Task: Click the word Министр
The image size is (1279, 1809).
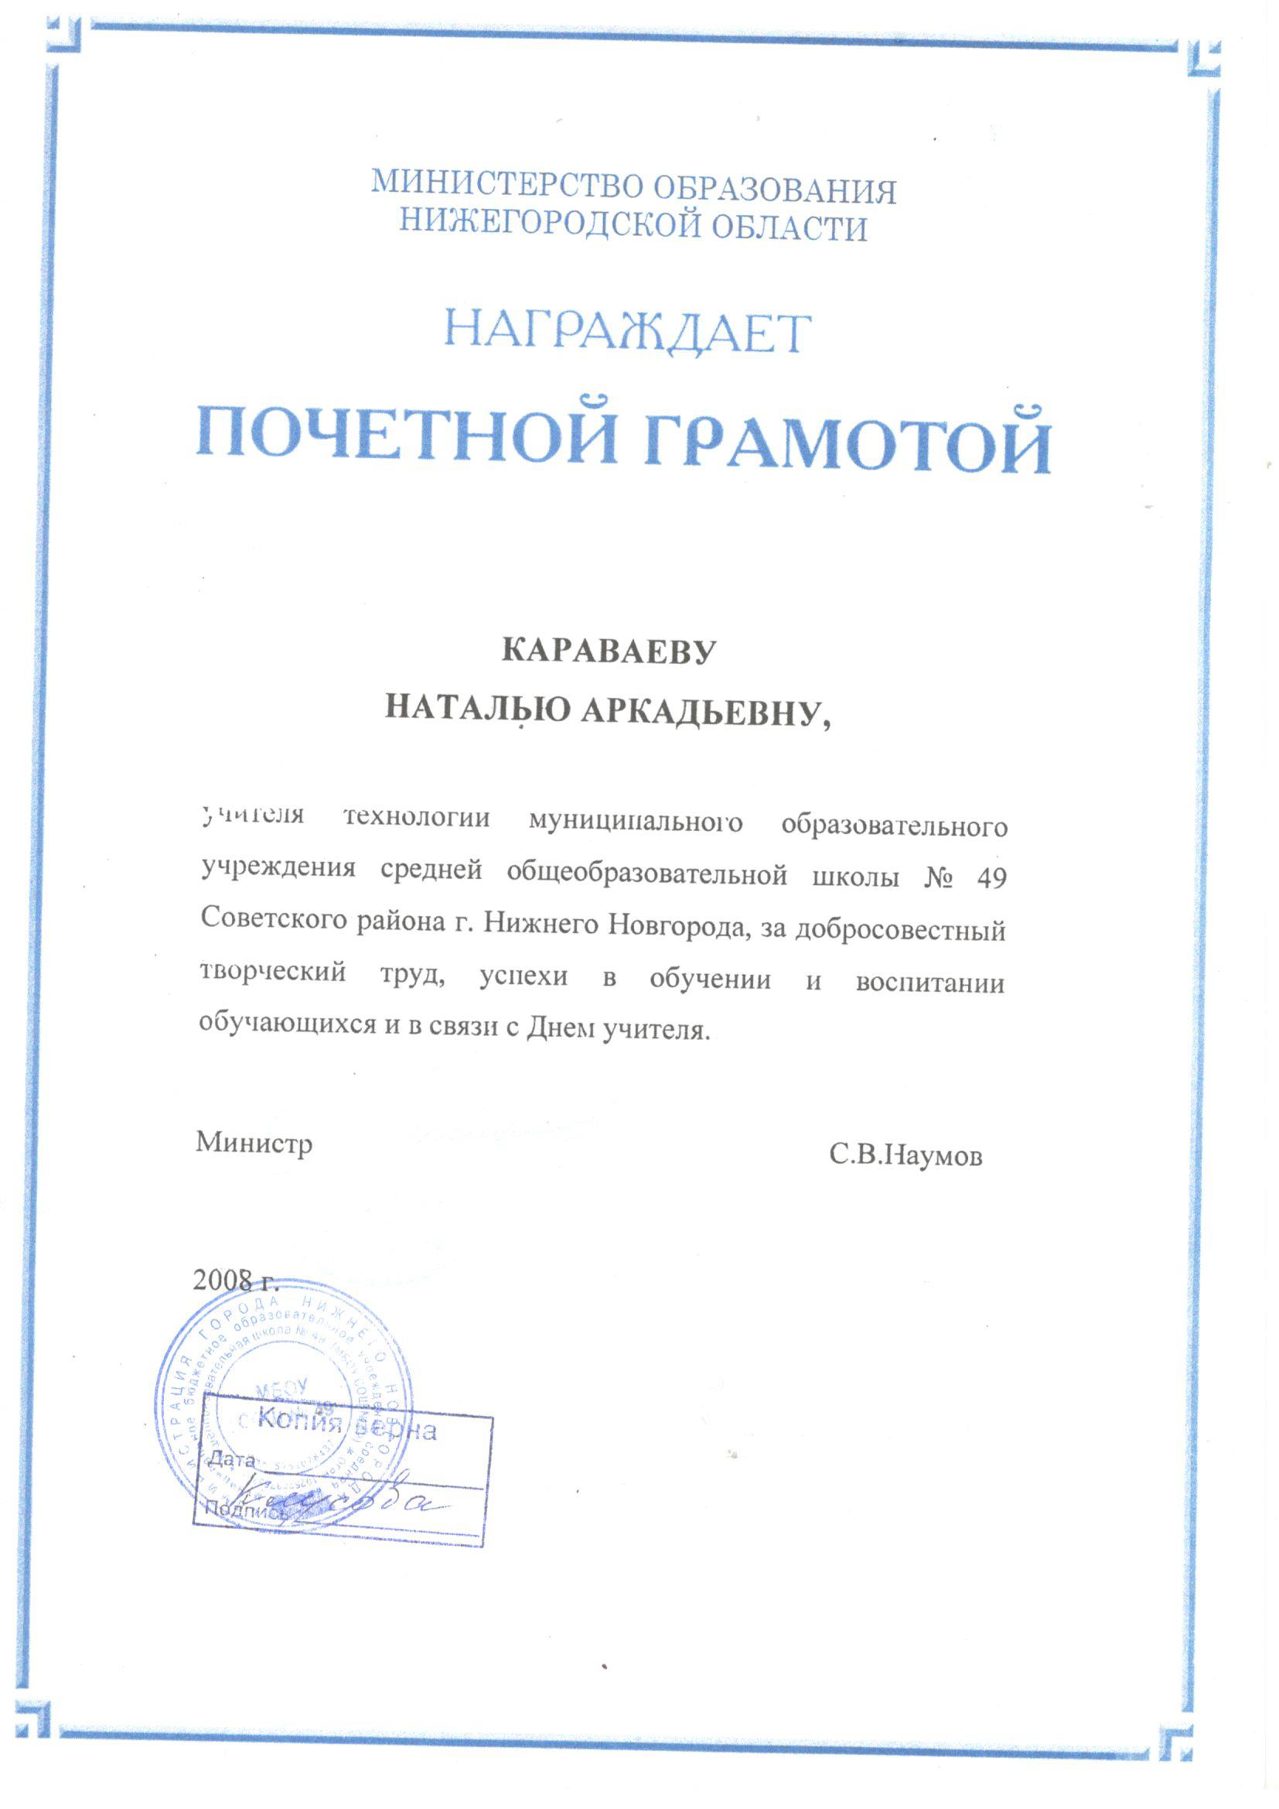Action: pos(254,1143)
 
